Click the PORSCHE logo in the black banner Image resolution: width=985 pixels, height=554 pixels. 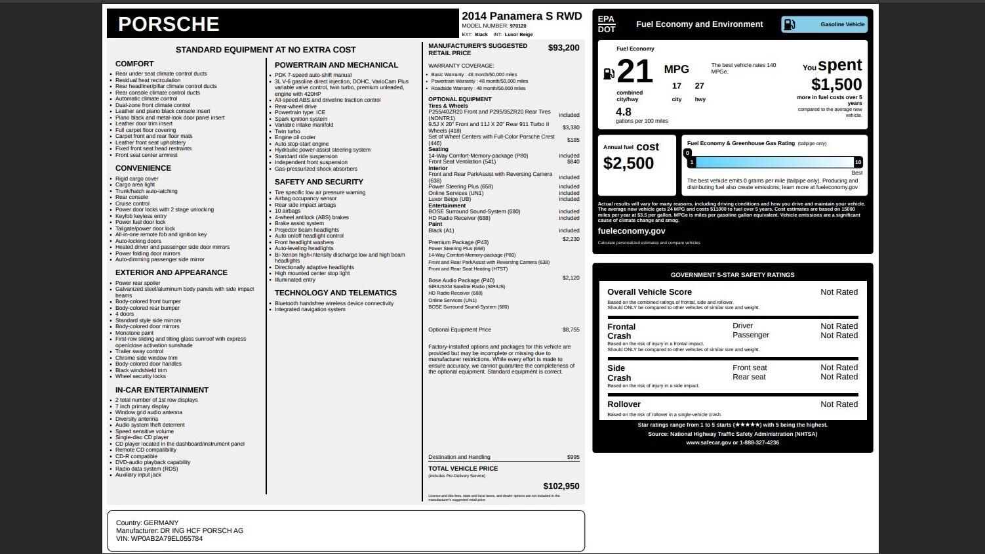coord(169,24)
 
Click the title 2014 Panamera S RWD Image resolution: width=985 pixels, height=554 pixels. coord(521,16)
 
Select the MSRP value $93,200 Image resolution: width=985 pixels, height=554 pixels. coord(563,48)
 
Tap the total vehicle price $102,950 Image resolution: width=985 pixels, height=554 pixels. coord(561,486)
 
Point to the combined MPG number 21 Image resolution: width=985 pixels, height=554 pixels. coord(634,72)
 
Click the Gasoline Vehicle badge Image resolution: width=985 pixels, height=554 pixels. coord(824,24)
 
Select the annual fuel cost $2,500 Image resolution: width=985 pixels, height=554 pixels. coord(628,163)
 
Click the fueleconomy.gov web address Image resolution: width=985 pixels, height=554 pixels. coord(631,231)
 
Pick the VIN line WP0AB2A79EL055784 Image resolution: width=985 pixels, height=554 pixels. coord(159,539)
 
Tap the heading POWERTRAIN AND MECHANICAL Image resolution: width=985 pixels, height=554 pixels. coord(336,65)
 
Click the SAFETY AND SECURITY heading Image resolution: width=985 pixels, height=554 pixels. coord(319,182)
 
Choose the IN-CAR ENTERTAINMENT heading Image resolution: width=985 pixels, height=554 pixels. coord(162,390)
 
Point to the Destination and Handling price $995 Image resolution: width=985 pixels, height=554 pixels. coord(573,457)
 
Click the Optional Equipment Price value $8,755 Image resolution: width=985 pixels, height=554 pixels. coord(571,330)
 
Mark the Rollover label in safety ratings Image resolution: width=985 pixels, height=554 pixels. coord(624,404)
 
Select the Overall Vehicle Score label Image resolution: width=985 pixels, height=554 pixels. coord(649,292)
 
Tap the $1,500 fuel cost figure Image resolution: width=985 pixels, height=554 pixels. coord(836,85)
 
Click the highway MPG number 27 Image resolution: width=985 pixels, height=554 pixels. coord(700,86)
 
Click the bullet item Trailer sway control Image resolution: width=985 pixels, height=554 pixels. coord(139,351)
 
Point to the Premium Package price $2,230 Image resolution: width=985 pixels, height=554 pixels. coord(571,240)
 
